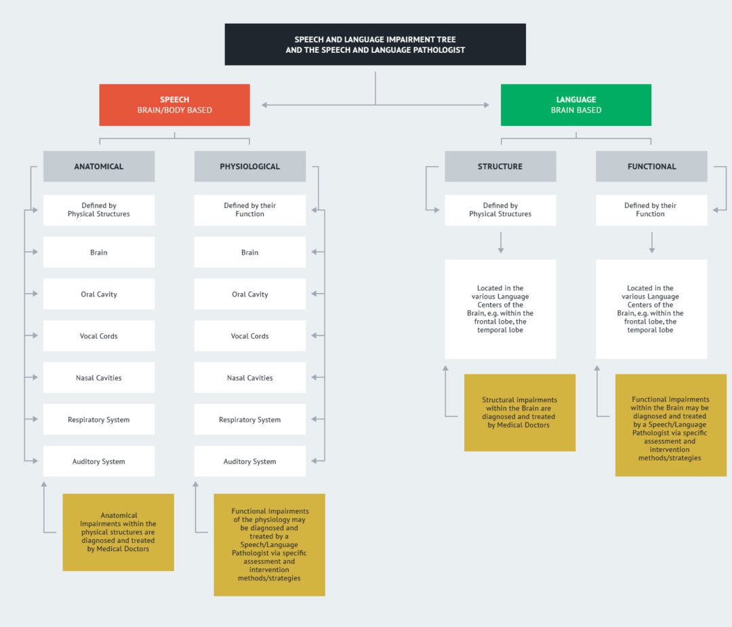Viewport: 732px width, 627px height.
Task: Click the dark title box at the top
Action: tap(375, 45)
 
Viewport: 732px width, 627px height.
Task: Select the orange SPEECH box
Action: tap(174, 105)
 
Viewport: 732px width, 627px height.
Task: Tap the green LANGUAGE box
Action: tap(575, 105)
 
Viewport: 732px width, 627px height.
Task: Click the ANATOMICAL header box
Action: tap(99, 167)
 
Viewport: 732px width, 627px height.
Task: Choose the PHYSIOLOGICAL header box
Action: tap(249, 167)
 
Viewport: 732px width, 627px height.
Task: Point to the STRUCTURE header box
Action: tap(500, 167)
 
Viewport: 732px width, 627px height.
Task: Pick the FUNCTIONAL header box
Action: tap(651, 167)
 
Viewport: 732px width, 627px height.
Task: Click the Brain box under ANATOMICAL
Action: tap(99, 253)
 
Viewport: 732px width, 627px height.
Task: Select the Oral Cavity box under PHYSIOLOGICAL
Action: tap(249, 295)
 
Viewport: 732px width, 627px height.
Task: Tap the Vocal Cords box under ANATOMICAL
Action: tap(99, 337)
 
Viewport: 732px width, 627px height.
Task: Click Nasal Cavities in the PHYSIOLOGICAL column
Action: tap(249, 378)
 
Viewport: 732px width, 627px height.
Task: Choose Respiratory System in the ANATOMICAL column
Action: tap(99, 420)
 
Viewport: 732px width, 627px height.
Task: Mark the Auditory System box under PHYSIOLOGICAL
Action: tap(249, 462)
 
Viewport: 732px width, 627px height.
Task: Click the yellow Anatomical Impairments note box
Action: tap(118, 532)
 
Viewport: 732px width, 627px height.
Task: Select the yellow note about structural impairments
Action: tap(519, 412)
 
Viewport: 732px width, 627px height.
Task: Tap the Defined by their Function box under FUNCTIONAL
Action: tap(651, 210)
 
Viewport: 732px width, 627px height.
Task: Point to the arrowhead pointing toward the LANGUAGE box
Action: tap(485, 105)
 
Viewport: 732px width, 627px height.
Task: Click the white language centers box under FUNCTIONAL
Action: tap(651, 309)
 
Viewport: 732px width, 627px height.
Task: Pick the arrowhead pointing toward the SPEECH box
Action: tap(265, 105)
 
